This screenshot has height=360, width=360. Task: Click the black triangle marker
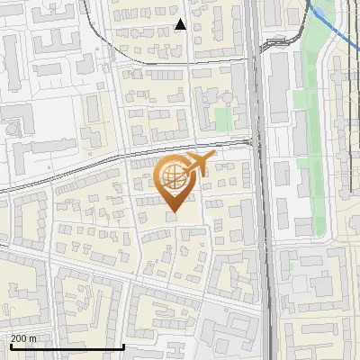click(180, 24)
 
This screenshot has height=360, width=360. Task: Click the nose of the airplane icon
click(214, 156)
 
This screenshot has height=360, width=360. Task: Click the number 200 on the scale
click(20, 338)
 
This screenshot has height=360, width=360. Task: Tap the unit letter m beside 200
click(34, 338)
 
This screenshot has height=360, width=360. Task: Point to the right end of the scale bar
click(122, 346)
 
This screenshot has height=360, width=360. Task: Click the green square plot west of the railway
click(222, 118)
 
